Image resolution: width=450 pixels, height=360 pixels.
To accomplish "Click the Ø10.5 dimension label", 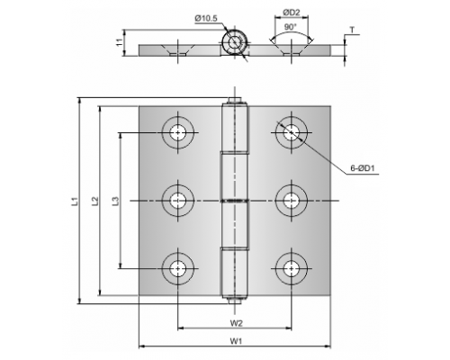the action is click(206, 19).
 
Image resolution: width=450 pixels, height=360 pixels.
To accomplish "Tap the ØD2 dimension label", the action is click(291, 13).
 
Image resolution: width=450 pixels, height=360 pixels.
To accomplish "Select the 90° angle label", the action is click(290, 27).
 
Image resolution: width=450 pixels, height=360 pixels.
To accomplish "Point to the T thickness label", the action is click(352, 30).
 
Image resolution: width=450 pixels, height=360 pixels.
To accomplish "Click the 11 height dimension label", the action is click(120, 42).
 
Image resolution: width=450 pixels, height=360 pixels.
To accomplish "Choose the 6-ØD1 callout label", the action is click(363, 168).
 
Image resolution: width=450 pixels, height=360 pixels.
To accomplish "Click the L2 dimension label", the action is click(94, 201).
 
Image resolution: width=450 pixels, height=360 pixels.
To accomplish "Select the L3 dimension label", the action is click(116, 201).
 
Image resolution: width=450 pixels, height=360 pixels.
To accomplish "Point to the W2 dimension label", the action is click(236, 323).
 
